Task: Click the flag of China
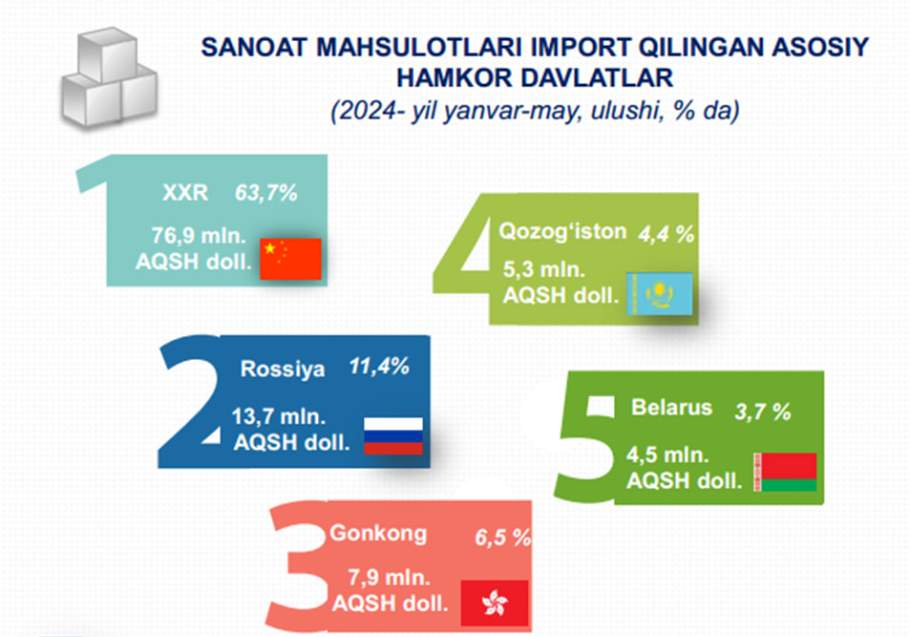point(290,259)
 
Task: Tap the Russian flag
point(392,435)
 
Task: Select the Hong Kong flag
point(495,603)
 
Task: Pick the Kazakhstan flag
point(659,294)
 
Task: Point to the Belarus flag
point(785,472)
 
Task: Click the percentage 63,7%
point(266,193)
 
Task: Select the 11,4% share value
point(379,367)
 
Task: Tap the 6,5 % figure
point(502,538)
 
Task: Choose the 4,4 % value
point(667,234)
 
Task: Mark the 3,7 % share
point(763,412)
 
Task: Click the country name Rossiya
point(283,369)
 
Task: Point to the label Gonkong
point(378,533)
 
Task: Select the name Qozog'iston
point(562,231)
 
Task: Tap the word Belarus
point(671,407)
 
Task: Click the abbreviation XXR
point(185,192)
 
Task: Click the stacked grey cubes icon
point(109,76)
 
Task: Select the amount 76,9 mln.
point(199,236)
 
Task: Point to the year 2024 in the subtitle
point(368,110)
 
